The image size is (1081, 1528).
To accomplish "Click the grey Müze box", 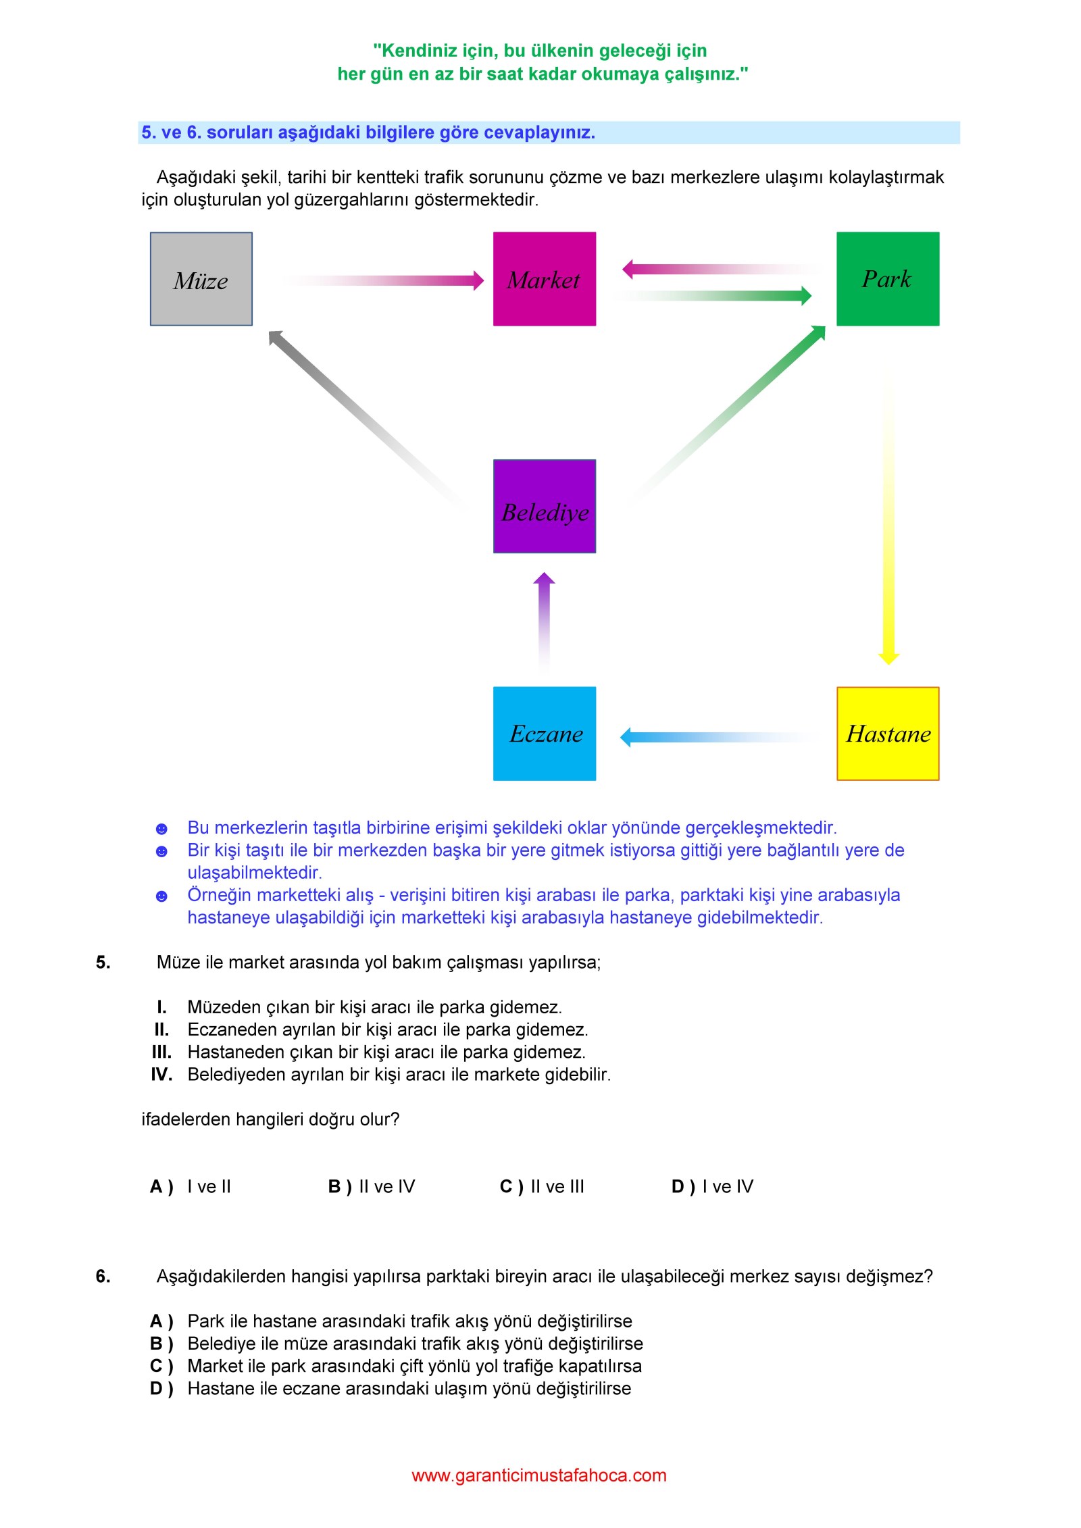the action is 201,279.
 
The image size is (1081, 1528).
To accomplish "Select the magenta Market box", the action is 545,279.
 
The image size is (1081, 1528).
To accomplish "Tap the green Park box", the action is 888,279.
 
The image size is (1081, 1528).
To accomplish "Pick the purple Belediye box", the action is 545,507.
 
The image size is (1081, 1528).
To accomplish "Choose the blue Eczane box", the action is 545,734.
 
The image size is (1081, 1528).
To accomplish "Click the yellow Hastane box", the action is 888,734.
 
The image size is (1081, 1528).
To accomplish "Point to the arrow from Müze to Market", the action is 383,280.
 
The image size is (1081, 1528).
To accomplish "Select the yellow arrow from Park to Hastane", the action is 888,516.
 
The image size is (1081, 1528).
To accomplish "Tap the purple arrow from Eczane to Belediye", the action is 545,621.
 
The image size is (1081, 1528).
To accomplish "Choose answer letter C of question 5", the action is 511,1187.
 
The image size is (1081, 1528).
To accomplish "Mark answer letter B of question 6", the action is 161,1344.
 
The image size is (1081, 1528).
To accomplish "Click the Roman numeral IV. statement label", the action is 161,1074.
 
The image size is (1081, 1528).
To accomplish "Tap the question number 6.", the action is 103,1276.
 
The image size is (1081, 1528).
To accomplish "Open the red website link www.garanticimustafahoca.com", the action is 539,1475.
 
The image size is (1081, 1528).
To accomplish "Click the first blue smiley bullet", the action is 161,829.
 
